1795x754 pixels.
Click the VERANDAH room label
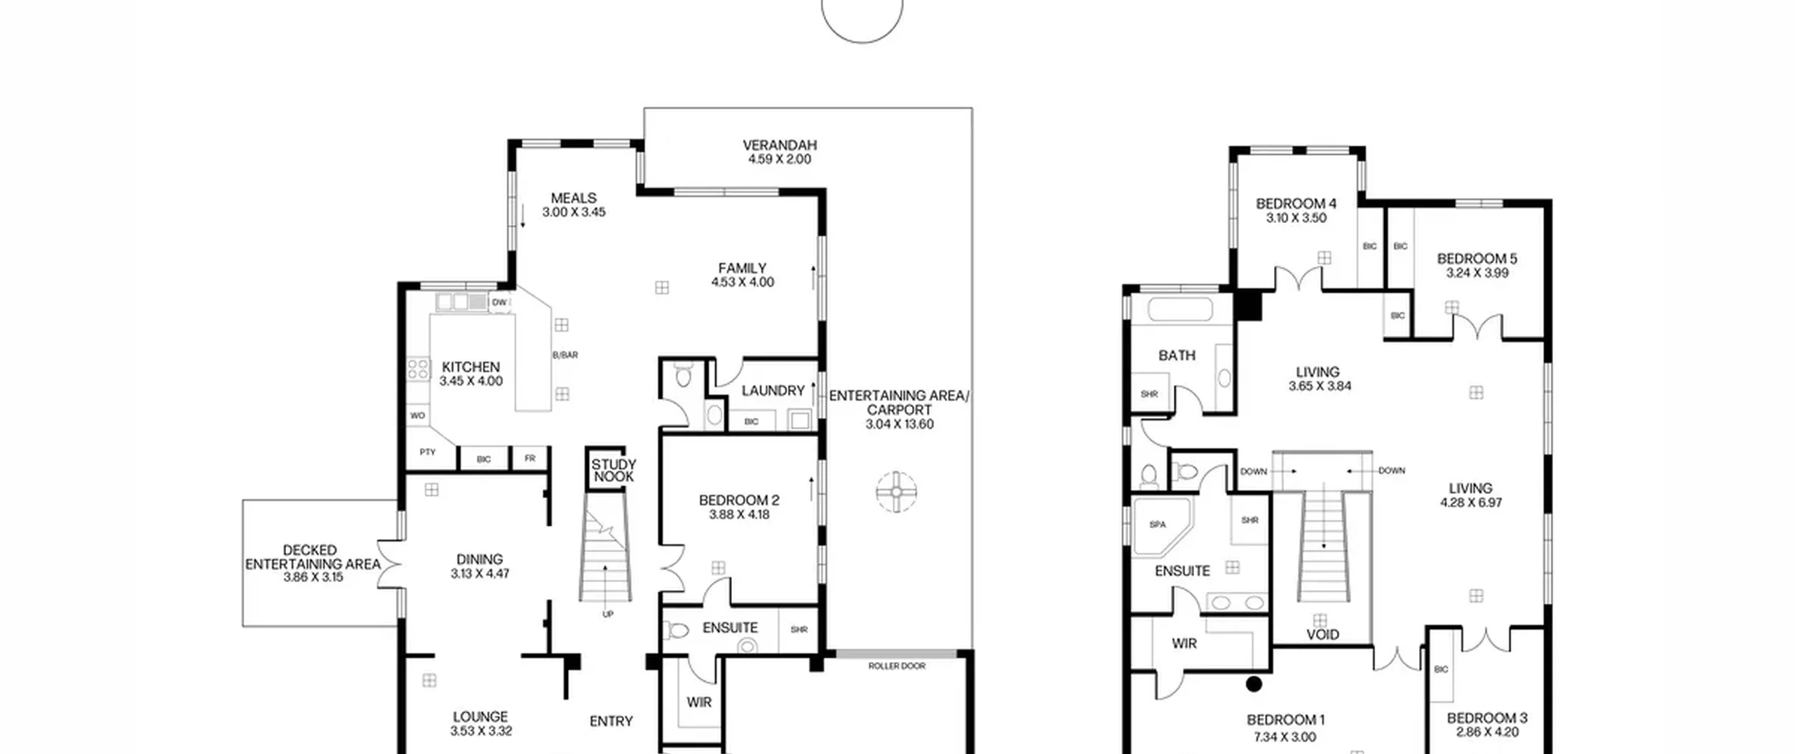pos(780,145)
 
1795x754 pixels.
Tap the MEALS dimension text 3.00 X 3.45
pos(574,212)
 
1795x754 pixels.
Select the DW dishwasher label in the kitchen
pos(499,302)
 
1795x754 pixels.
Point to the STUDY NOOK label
pos(614,471)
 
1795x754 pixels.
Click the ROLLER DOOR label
pos(897,666)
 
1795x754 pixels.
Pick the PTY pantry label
pos(428,452)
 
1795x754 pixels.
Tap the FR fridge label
pos(529,458)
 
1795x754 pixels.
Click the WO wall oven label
pos(417,415)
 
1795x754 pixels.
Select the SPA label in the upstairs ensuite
pos(1158,524)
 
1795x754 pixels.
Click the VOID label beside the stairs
pos(1323,635)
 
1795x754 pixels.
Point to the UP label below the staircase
pos(608,614)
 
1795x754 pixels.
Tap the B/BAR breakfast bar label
pos(565,355)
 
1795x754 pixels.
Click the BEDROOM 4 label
pos(1296,203)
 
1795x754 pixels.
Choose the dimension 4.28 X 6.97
pos(1471,502)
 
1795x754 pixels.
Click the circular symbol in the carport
pos(897,492)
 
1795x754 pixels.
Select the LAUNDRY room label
pos(773,391)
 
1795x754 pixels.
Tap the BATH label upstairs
pos(1177,356)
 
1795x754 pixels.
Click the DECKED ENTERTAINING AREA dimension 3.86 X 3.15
pos(313,577)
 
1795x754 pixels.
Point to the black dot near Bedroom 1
pos(1254,683)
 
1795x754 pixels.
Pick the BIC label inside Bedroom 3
pos(1441,669)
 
